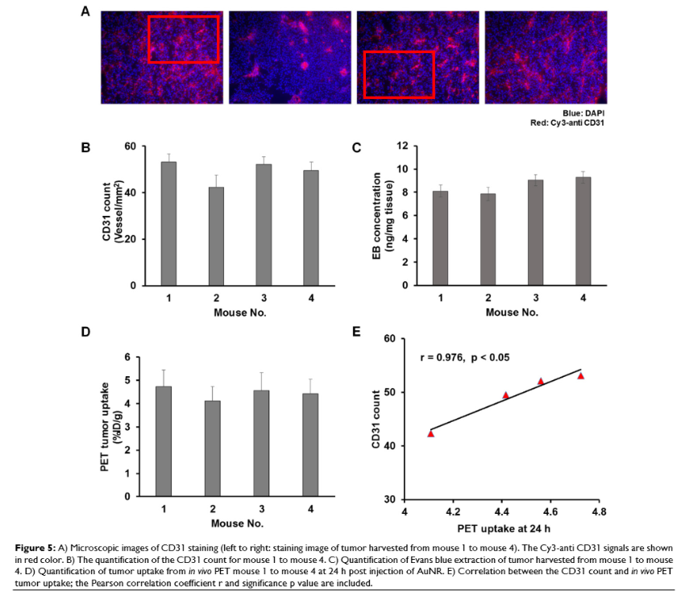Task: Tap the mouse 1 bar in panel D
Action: pos(164,441)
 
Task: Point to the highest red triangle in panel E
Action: pos(580,375)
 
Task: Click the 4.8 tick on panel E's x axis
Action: pos(598,511)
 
